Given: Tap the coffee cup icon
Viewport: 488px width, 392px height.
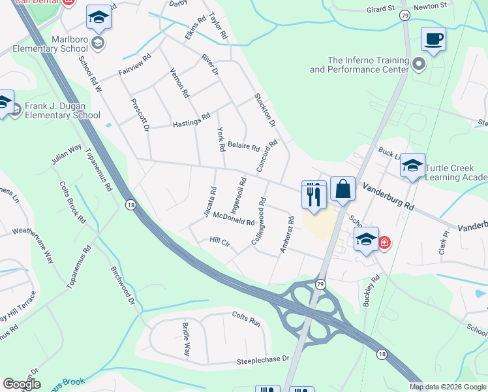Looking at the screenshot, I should pyautogui.click(x=433, y=39).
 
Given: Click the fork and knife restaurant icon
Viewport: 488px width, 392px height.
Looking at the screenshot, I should pyautogui.click(x=314, y=193).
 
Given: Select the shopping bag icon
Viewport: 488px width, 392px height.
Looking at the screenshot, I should pyautogui.click(x=343, y=189).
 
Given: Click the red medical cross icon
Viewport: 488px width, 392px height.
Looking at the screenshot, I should pyautogui.click(x=384, y=243).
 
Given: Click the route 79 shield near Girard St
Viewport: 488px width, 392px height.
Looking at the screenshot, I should pyautogui.click(x=404, y=14).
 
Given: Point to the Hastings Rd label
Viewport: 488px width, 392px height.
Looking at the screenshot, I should pyautogui.click(x=191, y=120).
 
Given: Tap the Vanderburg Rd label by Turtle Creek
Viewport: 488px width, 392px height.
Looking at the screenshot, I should pyautogui.click(x=388, y=195).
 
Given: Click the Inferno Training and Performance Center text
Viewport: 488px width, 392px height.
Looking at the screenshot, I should pyautogui.click(x=359, y=65).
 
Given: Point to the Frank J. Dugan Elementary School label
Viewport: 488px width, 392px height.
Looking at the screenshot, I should pyautogui.click(x=62, y=110).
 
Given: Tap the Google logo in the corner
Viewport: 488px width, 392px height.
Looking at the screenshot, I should pyautogui.click(x=21, y=384).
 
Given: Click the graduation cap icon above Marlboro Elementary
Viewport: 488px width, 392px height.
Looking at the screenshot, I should pyautogui.click(x=99, y=17).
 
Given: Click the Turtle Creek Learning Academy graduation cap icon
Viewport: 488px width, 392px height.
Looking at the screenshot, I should pyautogui.click(x=412, y=166).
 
